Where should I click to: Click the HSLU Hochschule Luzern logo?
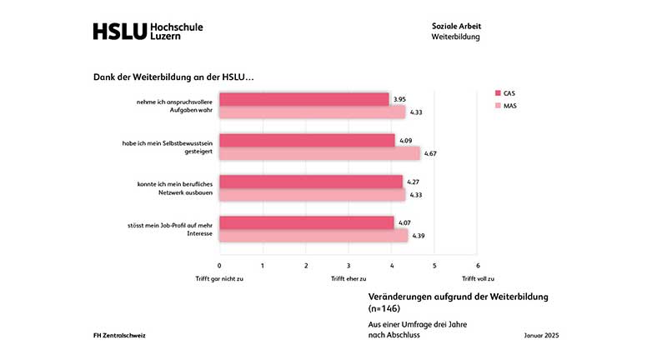click(x=148, y=32)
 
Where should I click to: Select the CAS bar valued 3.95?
click(x=304, y=99)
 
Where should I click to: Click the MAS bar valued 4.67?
click(x=319, y=153)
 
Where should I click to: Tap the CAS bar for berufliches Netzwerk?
click(x=311, y=182)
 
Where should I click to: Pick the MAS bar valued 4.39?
click(x=313, y=236)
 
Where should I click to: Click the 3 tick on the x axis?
click(x=349, y=265)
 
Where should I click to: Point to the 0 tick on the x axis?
click(x=219, y=265)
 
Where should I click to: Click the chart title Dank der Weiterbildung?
click(x=173, y=77)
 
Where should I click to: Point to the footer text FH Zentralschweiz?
click(x=121, y=335)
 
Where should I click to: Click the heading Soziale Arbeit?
click(x=456, y=26)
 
